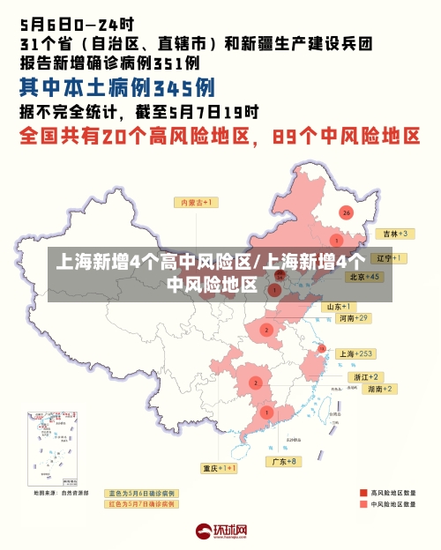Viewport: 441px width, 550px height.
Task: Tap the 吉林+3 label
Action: click(x=392, y=234)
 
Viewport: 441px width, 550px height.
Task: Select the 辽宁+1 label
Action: click(x=387, y=258)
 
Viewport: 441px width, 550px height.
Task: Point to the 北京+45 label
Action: click(x=363, y=277)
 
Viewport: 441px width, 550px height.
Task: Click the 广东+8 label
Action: click(x=284, y=461)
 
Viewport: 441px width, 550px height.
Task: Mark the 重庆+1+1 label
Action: click(x=219, y=467)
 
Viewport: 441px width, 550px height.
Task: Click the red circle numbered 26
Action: click(x=347, y=212)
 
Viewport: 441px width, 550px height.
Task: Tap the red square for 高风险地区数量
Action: click(x=363, y=492)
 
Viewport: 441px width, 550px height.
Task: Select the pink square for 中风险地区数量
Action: click(x=363, y=504)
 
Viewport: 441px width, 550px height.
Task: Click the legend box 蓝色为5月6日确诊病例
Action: click(x=141, y=493)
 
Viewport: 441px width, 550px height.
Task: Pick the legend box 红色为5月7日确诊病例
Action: click(x=141, y=504)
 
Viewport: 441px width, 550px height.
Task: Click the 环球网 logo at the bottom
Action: click(x=220, y=531)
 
